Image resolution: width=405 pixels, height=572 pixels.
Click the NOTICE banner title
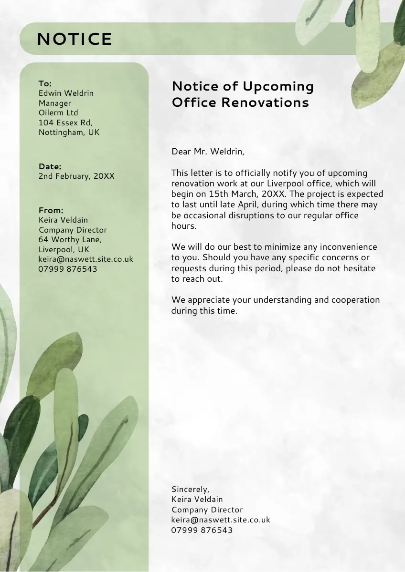tap(75, 39)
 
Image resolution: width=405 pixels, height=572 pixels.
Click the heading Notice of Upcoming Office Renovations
tap(242, 94)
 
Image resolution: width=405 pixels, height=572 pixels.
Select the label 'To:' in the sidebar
tap(45, 83)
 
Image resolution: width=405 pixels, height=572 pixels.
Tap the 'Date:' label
tap(50, 166)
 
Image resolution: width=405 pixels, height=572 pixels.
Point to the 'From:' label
tap(51, 210)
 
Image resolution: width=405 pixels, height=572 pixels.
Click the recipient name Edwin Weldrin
tap(66, 93)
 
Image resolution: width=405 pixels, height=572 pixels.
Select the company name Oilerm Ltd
tap(58, 113)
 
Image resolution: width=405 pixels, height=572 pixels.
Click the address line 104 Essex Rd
tap(64, 123)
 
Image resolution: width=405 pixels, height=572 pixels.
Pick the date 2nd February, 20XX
tap(76, 176)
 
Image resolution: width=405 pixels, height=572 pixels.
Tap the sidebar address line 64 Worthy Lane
tap(70, 240)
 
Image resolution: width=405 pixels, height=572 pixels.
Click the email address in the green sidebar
tap(85, 259)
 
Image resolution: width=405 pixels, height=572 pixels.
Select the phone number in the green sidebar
tap(68, 269)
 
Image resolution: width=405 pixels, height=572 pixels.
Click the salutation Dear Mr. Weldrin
tap(207, 152)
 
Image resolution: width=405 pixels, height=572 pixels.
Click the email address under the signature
tap(221, 520)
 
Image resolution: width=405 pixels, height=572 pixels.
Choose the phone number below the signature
tap(202, 530)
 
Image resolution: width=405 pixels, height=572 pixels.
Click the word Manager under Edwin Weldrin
tap(55, 103)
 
